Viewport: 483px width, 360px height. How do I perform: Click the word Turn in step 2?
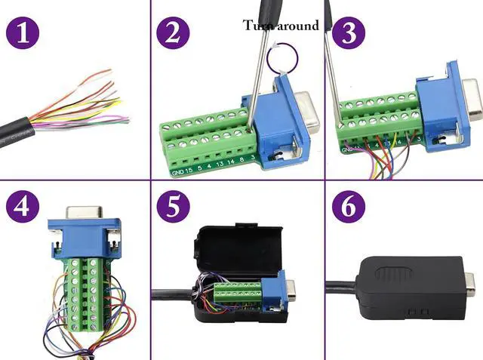(257, 25)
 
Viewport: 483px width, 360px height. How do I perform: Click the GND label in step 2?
(177, 172)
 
